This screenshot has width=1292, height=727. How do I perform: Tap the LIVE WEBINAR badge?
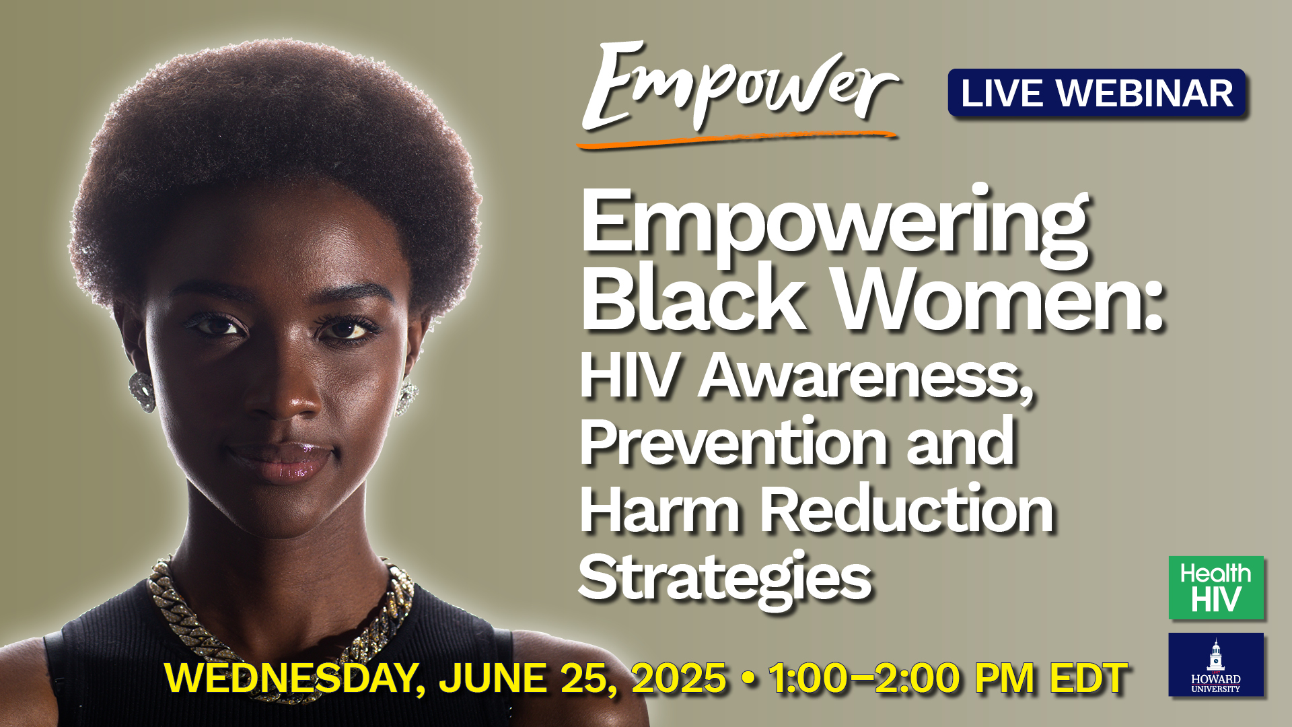pyautogui.click(x=1097, y=93)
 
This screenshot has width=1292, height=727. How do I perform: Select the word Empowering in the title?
pyautogui.click(x=834, y=226)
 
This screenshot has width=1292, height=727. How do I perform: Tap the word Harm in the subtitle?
pyautogui.click(x=659, y=510)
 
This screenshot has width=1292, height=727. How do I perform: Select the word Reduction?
pyautogui.click(x=906, y=510)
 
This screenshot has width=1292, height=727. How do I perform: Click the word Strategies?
pyautogui.click(x=725, y=578)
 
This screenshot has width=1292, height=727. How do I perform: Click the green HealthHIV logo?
pyautogui.click(x=1216, y=588)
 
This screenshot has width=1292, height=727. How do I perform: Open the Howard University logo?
pyautogui.click(x=1216, y=664)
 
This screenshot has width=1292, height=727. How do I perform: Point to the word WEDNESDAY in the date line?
pyautogui.click(x=290, y=679)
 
